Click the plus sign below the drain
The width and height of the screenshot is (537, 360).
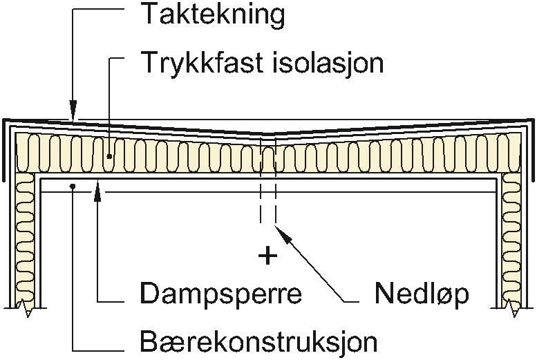(x=266, y=256)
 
